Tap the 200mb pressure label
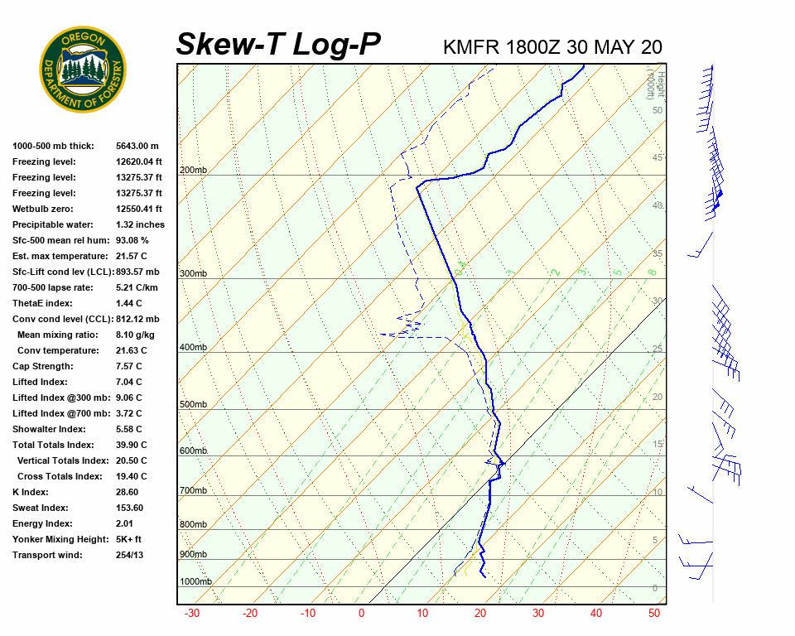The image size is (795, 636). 193,171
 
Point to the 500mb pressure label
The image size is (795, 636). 193,405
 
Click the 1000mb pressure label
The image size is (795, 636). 195,582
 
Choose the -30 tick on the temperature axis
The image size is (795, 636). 192,614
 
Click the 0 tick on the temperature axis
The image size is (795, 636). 361,614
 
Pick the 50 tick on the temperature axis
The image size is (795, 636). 654,614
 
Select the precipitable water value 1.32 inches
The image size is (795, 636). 140,224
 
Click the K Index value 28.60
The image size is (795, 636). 129,492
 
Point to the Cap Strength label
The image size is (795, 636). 43,366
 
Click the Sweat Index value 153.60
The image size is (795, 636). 132,508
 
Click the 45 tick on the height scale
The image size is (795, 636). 657,158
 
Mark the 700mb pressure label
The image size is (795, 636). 193,491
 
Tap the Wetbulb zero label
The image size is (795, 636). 46,209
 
